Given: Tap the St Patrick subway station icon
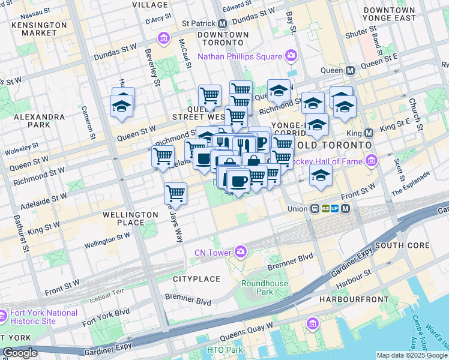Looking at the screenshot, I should coord(223,23).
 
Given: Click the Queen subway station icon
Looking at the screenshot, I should coord(350,70).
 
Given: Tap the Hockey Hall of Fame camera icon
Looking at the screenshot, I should coord(372,160).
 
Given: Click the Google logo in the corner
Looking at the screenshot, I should coord(20,353).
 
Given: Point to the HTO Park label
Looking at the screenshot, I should coord(224,350).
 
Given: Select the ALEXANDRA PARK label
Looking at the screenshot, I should coord(39,121).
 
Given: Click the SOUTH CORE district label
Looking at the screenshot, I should coord(402,245).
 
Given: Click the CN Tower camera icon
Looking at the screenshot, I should coord(241,251).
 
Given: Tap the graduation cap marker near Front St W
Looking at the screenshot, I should coord(321,176).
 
